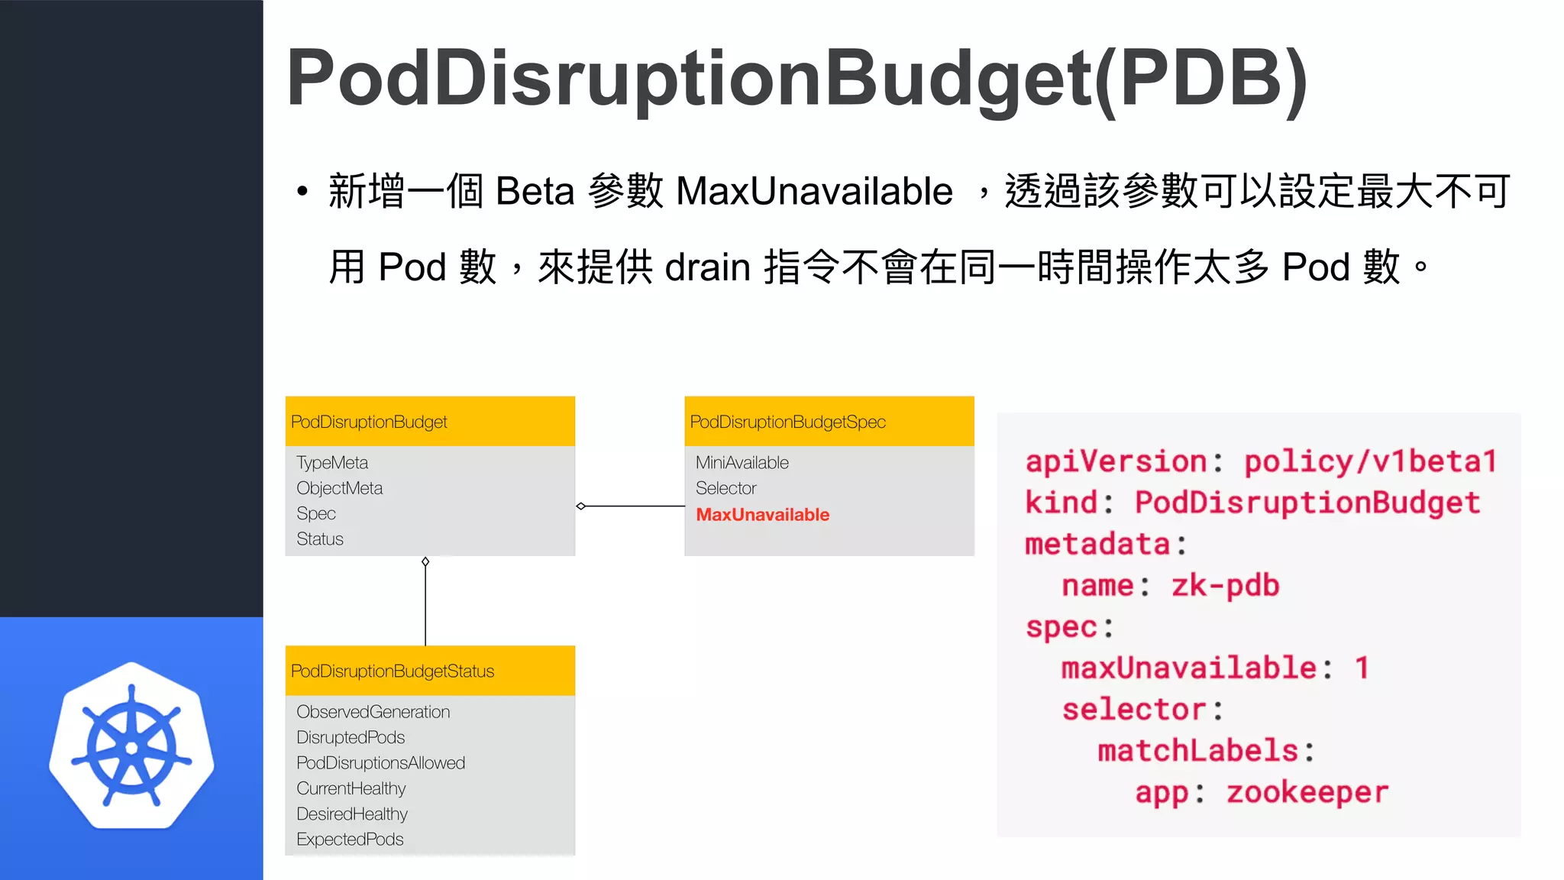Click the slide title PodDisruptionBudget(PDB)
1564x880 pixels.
point(797,78)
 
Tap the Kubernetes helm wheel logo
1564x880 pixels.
point(131,746)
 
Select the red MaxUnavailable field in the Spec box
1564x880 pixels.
point(762,515)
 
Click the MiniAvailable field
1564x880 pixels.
point(742,463)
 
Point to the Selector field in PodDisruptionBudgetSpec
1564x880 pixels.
point(725,488)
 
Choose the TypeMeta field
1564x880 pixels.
point(332,463)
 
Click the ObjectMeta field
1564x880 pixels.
point(339,488)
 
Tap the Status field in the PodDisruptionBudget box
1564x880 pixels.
point(320,539)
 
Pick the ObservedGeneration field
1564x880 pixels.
point(373,712)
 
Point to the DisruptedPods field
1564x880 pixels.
point(351,738)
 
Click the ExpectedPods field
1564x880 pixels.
point(350,840)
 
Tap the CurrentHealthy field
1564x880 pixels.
point(351,788)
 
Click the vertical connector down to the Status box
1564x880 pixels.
point(425,603)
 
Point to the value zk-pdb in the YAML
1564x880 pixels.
point(1225,586)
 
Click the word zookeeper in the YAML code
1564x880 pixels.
point(1307,792)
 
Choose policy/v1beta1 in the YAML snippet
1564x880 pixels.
point(1370,461)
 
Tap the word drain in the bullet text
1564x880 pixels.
point(707,268)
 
